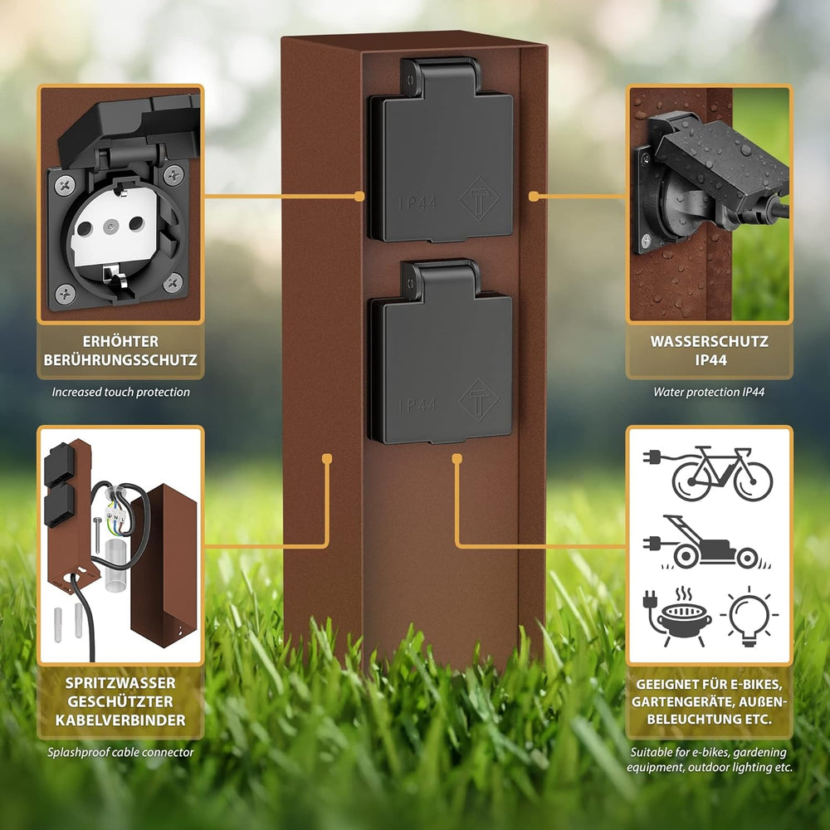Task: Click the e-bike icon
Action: tap(708, 473)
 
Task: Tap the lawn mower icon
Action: tap(704, 543)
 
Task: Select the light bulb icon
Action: tap(749, 616)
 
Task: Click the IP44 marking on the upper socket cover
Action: tap(417, 203)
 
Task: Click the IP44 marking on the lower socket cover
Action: tap(417, 406)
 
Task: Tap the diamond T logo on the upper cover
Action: tap(480, 198)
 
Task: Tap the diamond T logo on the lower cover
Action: tap(479, 400)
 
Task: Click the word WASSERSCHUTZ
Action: tap(709, 341)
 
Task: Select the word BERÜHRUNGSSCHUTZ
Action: tap(120, 360)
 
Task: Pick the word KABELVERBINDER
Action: tap(120, 720)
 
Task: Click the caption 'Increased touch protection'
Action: tap(120, 393)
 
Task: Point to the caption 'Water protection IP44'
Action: tap(709, 393)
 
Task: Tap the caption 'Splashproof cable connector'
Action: tap(120, 752)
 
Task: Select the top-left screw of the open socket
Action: tap(65, 185)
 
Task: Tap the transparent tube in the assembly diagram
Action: tap(116, 564)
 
